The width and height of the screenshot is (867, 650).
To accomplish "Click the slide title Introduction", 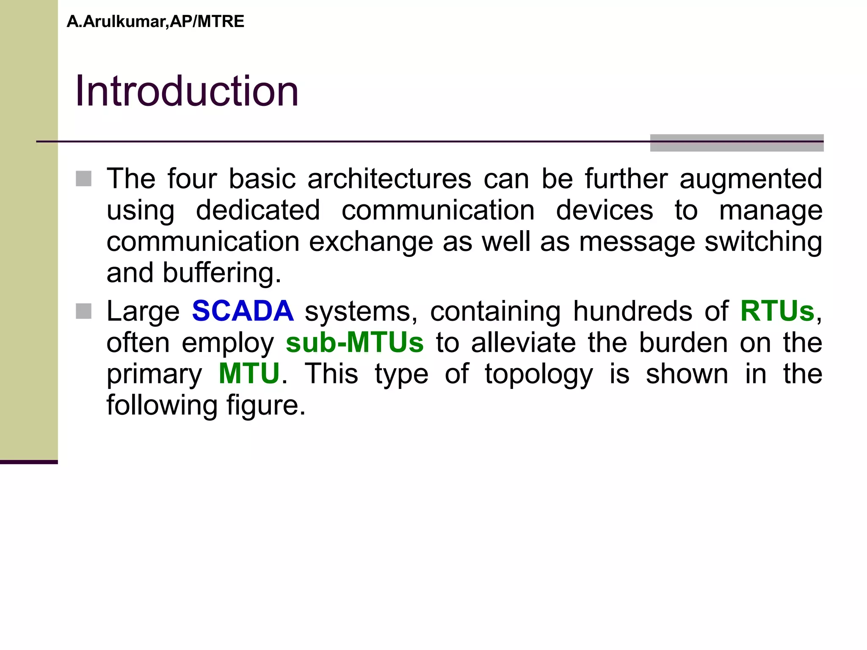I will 187,91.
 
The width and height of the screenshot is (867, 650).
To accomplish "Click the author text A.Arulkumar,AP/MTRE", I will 155,22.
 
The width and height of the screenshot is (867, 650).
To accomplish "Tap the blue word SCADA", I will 243,311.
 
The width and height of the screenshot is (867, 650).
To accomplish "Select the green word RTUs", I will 777,311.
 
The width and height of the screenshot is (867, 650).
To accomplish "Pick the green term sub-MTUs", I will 355,342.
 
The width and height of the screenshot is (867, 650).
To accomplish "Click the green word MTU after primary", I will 249,374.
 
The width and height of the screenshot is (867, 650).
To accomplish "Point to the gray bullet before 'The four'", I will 84,179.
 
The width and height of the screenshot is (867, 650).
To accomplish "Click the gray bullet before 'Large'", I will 84,311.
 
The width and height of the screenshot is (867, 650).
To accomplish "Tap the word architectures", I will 389,179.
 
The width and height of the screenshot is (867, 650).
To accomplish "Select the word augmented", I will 751,179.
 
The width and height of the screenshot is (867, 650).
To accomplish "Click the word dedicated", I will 258,210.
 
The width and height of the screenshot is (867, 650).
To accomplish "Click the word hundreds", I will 632,311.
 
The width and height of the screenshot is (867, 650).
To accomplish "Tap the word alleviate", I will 523,342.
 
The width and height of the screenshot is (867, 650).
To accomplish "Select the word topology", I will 538,375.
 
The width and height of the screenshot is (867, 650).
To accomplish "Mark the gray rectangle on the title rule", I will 737,143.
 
